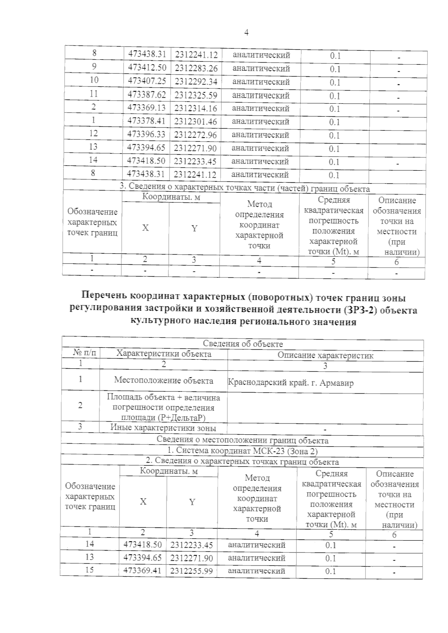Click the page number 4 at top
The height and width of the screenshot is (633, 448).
point(246,32)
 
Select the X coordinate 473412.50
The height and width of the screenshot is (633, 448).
point(147,68)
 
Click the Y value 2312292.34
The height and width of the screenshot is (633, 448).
point(196,82)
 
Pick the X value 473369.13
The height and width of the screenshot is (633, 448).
point(146,108)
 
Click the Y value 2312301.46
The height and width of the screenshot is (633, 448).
point(196,122)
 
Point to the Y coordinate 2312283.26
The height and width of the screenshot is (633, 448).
point(196,69)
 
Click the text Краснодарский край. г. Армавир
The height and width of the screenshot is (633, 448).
point(290,382)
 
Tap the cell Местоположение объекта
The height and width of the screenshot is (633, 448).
point(164,380)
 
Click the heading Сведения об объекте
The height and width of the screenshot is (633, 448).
point(243,344)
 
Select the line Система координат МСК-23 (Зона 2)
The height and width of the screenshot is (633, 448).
point(243,451)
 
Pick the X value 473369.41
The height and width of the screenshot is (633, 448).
point(143,571)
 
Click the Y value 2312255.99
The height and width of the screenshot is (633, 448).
point(192,571)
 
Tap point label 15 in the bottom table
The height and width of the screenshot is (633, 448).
point(90,570)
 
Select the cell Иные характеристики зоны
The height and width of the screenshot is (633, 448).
point(163,428)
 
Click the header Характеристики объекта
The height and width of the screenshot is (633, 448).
point(164,354)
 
